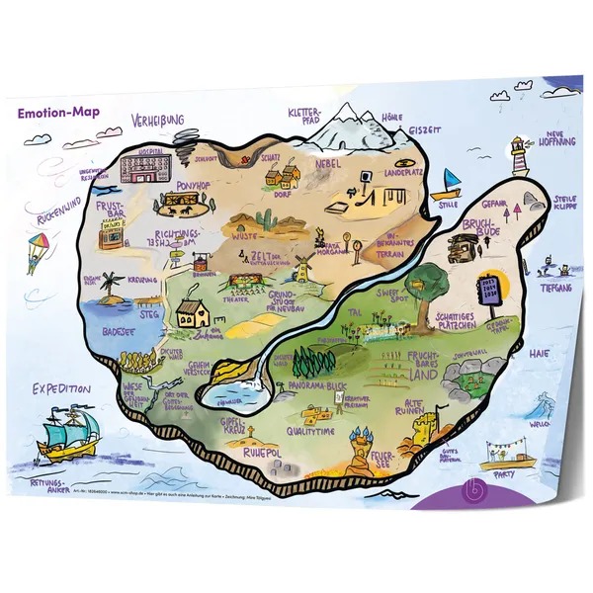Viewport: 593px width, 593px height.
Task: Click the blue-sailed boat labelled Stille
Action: click(x=451, y=183)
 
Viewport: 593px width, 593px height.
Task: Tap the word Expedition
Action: click(x=61, y=388)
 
